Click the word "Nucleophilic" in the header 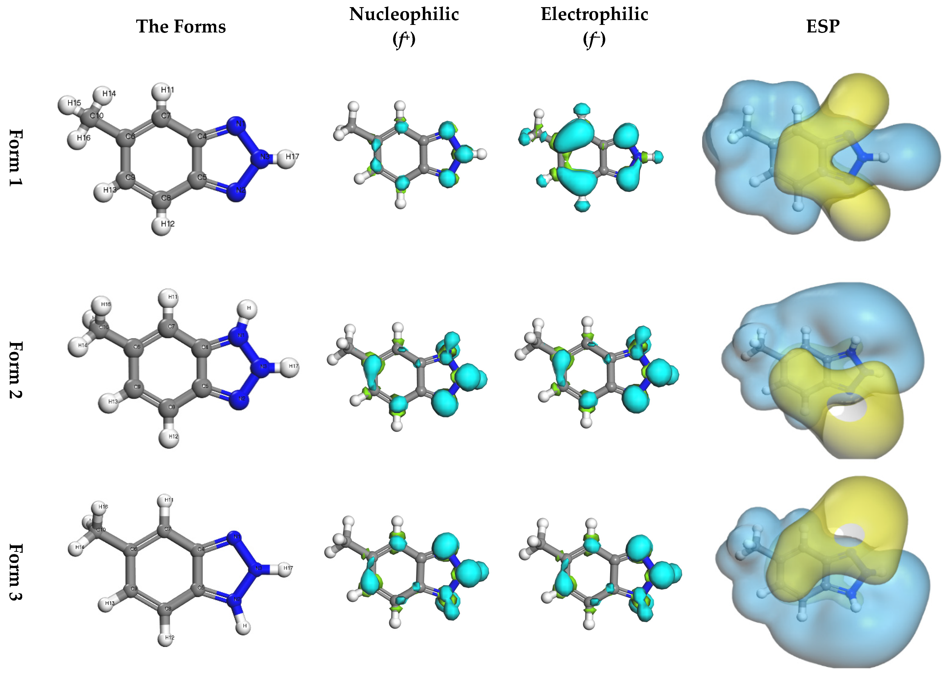tap(404, 14)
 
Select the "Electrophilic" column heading tap(594, 14)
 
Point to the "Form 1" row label tap(16, 158)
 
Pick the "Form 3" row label tap(16, 572)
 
